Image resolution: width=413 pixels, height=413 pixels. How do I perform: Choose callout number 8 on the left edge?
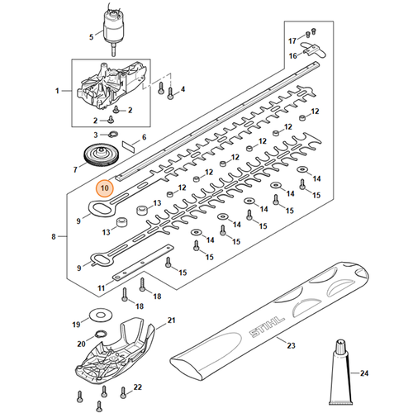(x=54, y=237)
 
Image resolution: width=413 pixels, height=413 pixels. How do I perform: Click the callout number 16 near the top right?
(x=292, y=55)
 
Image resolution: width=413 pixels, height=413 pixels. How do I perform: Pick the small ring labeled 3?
(x=113, y=134)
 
